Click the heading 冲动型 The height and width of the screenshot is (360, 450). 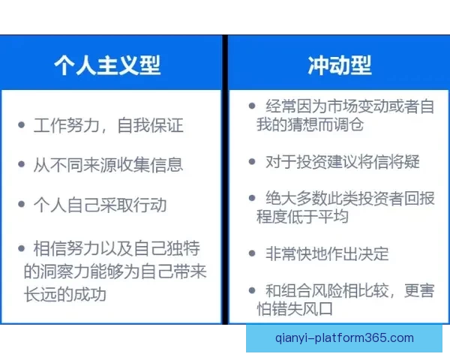pos(339,64)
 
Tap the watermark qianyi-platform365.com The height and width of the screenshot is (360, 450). pos(343,338)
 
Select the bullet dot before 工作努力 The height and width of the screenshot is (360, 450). pos(22,124)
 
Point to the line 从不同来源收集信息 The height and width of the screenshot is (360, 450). pos(108,164)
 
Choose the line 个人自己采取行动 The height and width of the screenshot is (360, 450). pos(100,205)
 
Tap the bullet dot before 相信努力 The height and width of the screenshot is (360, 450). pos(22,247)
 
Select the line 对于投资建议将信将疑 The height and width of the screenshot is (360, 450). pos(343,161)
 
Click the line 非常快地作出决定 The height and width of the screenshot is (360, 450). pos(327,253)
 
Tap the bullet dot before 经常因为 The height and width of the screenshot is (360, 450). pos(253,106)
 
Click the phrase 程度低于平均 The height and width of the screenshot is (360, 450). pos(302,217)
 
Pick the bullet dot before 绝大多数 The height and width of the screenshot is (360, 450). pos(253,199)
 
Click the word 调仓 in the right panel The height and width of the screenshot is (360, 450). pos(348,125)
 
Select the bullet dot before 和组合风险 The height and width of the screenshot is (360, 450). pos(253,290)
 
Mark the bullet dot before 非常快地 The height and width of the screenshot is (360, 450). pos(253,253)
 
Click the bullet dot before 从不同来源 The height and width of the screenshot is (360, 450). pos(22,164)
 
